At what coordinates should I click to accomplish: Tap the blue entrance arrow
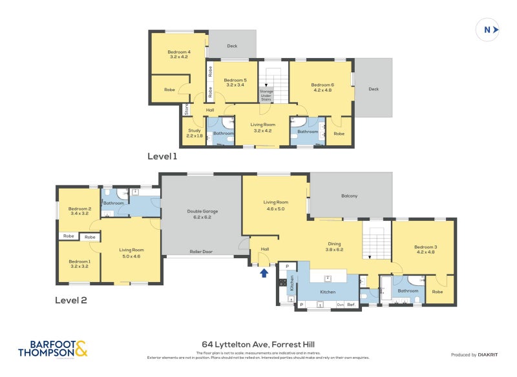click(264, 272)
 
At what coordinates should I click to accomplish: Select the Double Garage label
click(202, 214)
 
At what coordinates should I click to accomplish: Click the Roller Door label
click(201, 252)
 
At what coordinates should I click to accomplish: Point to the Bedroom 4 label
click(179, 54)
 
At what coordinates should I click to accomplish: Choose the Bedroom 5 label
click(235, 82)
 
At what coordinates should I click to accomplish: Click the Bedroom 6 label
click(322, 87)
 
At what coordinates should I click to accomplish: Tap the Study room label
click(195, 133)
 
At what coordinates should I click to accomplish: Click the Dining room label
click(333, 246)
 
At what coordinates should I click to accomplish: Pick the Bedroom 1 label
click(79, 263)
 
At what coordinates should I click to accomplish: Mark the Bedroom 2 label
click(79, 210)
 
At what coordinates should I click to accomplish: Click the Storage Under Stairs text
click(266, 96)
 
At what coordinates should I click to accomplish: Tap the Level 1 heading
click(162, 156)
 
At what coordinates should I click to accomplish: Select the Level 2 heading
click(70, 300)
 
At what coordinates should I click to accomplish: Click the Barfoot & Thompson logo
click(52, 349)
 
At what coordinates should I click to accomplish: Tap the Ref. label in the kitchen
click(351, 304)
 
